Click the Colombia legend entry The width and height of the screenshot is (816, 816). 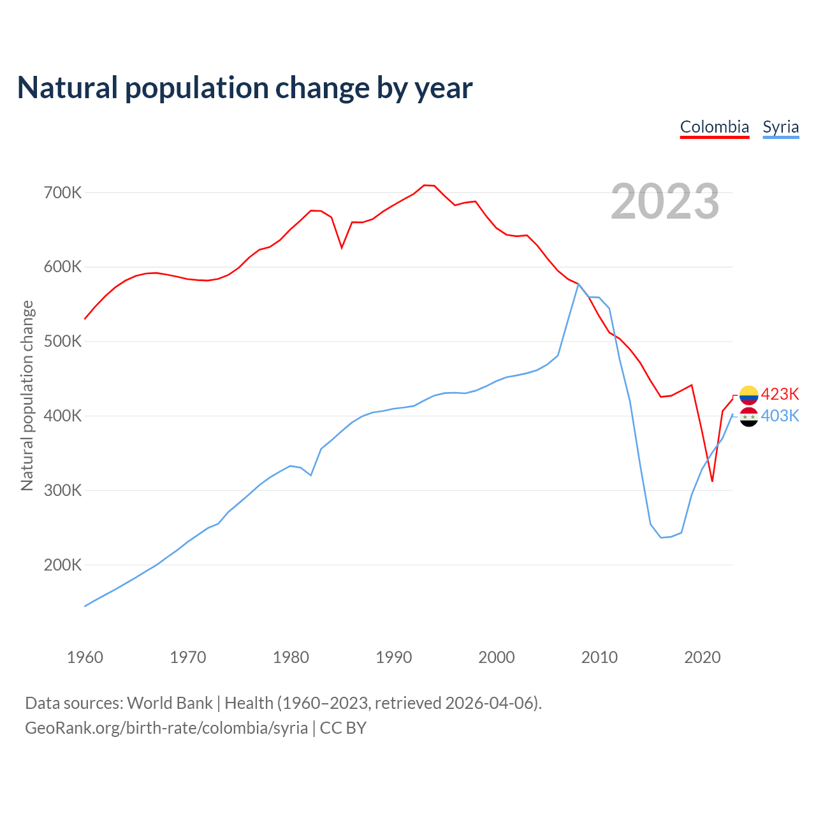pyautogui.click(x=714, y=127)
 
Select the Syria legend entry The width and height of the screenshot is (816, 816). pyautogui.click(x=780, y=127)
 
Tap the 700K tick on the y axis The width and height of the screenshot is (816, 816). pyautogui.click(x=62, y=193)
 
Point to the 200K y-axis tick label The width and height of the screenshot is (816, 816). pyautogui.click(x=62, y=565)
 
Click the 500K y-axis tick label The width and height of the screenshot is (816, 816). pyautogui.click(x=62, y=342)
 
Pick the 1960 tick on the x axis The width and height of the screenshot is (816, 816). pyautogui.click(x=85, y=657)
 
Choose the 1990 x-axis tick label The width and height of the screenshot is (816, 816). pyautogui.click(x=393, y=657)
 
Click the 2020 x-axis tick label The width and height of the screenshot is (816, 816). pyautogui.click(x=702, y=657)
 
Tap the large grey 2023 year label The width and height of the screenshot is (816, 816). pyautogui.click(x=665, y=201)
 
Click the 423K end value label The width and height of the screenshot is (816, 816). pyautogui.click(x=780, y=394)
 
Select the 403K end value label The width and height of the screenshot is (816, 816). pyautogui.click(x=780, y=416)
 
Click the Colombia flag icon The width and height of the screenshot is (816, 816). pyautogui.click(x=748, y=395)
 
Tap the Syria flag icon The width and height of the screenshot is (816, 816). pyautogui.click(x=748, y=418)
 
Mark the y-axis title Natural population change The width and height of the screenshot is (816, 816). pyautogui.click(x=27, y=396)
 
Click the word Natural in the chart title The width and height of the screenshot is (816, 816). pyautogui.click(x=68, y=88)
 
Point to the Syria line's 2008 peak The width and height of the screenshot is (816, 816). pyautogui.click(x=578, y=284)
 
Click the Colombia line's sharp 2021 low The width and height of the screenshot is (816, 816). pyautogui.click(x=712, y=481)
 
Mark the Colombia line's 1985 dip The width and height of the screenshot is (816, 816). pyautogui.click(x=342, y=247)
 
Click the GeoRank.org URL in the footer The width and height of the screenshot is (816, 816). pyautogui.click(x=166, y=728)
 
